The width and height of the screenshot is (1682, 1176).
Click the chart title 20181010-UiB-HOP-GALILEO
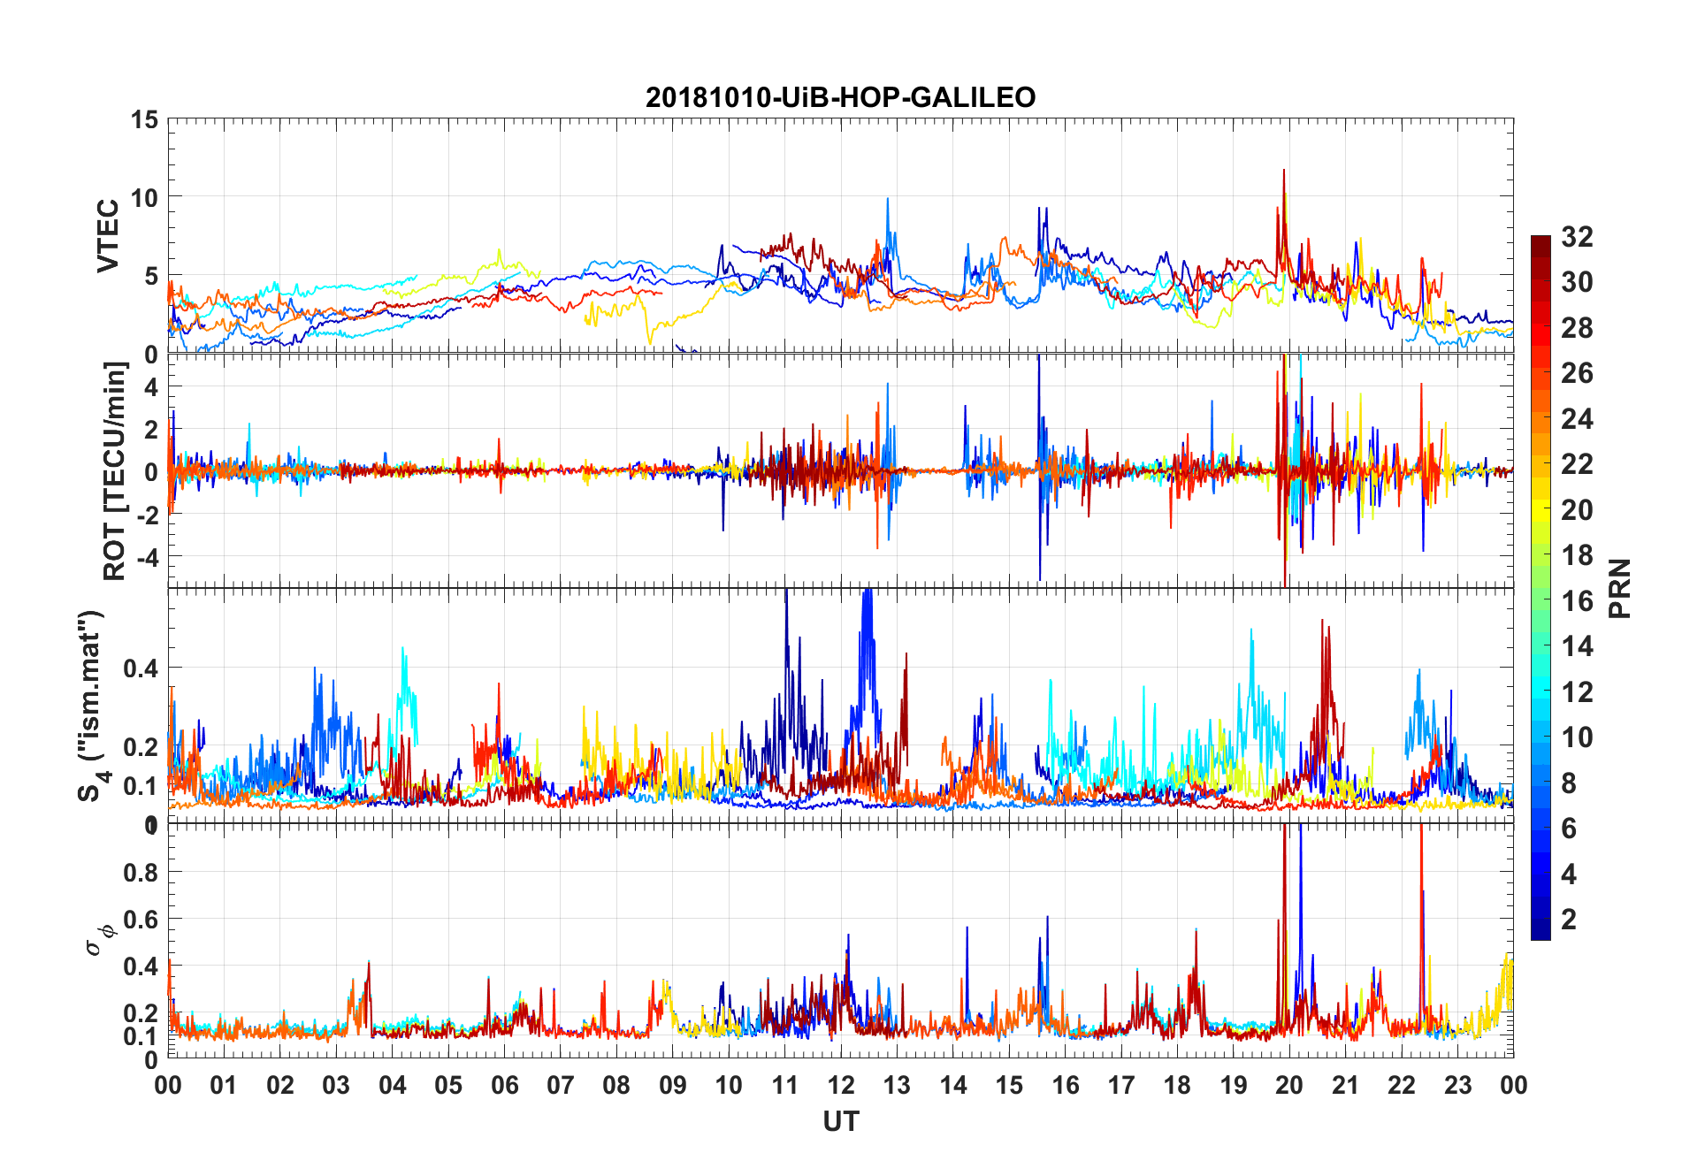pyautogui.click(x=840, y=97)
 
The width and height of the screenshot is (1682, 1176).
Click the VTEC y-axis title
pyautogui.click(x=108, y=236)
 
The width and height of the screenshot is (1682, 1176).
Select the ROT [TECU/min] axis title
pyautogui.click(x=115, y=470)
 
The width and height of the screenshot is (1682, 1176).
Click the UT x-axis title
pyautogui.click(x=840, y=1122)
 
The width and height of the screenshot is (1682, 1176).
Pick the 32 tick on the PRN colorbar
pyautogui.click(x=1577, y=237)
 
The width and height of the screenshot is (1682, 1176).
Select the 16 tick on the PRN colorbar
pyautogui.click(x=1577, y=601)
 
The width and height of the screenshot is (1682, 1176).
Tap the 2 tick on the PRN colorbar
pyautogui.click(x=1569, y=920)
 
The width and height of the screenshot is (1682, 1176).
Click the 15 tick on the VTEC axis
pyautogui.click(x=144, y=119)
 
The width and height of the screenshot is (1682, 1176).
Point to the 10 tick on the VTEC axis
pyautogui.click(x=144, y=197)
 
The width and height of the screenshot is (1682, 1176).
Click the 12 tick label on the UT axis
pyautogui.click(x=841, y=1086)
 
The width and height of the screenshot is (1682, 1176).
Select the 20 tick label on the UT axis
pyautogui.click(x=1289, y=1086)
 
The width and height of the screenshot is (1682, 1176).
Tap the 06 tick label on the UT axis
pyautogui.click(x=504, y=1086)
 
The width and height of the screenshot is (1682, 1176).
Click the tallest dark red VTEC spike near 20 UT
pyautogui.click(x=1283, y=171)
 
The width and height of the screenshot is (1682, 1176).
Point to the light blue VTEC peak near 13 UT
pyautogui.click(x=887, y=200)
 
